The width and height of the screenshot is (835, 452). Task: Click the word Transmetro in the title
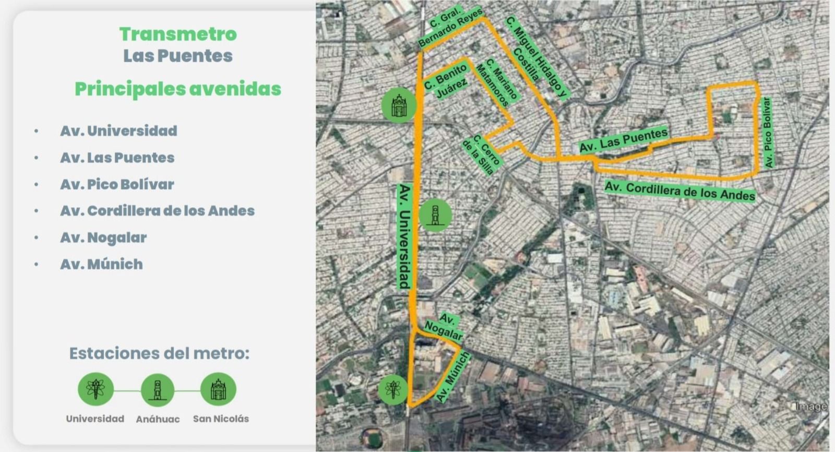[x=178, y=34]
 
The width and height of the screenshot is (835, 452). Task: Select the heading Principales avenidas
[x=178, y=89]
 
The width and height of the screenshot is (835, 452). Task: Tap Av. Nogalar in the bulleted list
[x=103, y=237]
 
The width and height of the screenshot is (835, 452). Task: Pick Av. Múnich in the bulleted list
[x=101, y=264]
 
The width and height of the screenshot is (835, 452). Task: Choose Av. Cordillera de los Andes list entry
[x=157, y=211]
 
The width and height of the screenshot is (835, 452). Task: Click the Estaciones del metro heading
[x=159, y=353]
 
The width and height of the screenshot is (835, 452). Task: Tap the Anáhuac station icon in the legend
[x=157, y=389]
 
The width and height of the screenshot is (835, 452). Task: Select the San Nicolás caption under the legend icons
[x=221, y=419]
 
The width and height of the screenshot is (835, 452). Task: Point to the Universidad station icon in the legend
[x=96, y=389]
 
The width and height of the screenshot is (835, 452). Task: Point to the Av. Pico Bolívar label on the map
[x=767, y=133]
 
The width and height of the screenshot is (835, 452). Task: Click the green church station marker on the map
[x=399, y=105]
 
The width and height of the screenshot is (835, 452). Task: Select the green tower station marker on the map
[x=435, y=215]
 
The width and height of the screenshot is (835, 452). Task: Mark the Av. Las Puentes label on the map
[x=623, y=140]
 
